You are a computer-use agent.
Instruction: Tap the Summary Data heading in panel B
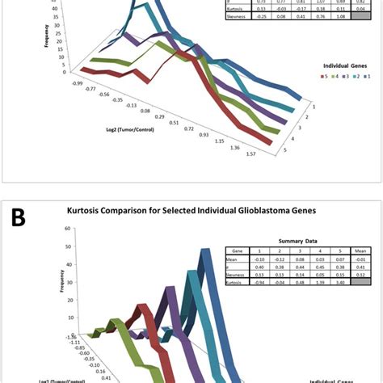(x=295, y=241)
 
